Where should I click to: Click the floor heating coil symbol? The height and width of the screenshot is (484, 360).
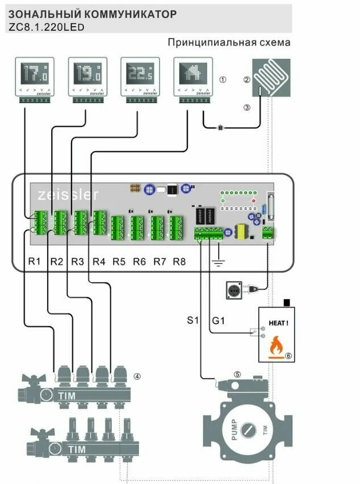tap(271, 77)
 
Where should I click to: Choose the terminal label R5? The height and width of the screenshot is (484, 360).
tap(119, 262)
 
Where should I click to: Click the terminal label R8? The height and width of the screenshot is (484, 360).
tap(179, 262)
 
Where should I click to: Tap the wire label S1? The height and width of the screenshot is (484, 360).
tap(194, 321)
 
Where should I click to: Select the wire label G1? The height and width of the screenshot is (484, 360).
tap(219, 321)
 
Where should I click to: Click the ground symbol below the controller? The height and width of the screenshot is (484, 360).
tap(217, 262)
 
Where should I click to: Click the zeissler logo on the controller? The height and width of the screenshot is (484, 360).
tap(68, 195)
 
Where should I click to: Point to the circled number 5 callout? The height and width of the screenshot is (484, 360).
tap(237, 374)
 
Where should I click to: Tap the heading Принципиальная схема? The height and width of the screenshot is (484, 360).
tap(229, 43)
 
